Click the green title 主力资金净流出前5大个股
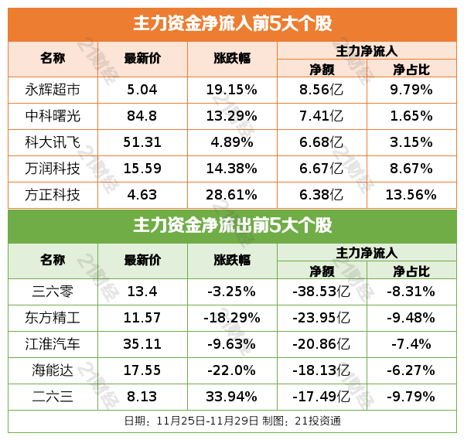232,226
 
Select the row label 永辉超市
53,89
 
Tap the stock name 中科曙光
53,115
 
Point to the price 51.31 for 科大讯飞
142,142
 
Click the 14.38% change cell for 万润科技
231,168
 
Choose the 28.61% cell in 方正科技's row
231,194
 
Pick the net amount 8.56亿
321,89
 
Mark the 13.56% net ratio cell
411,194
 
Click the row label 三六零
53,291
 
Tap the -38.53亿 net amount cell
321,291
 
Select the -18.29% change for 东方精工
231,317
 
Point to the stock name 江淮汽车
53,343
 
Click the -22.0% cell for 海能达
231,370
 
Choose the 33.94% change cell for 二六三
231,396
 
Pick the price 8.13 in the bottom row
142,396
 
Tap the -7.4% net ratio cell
411,343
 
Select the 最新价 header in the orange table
142,59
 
